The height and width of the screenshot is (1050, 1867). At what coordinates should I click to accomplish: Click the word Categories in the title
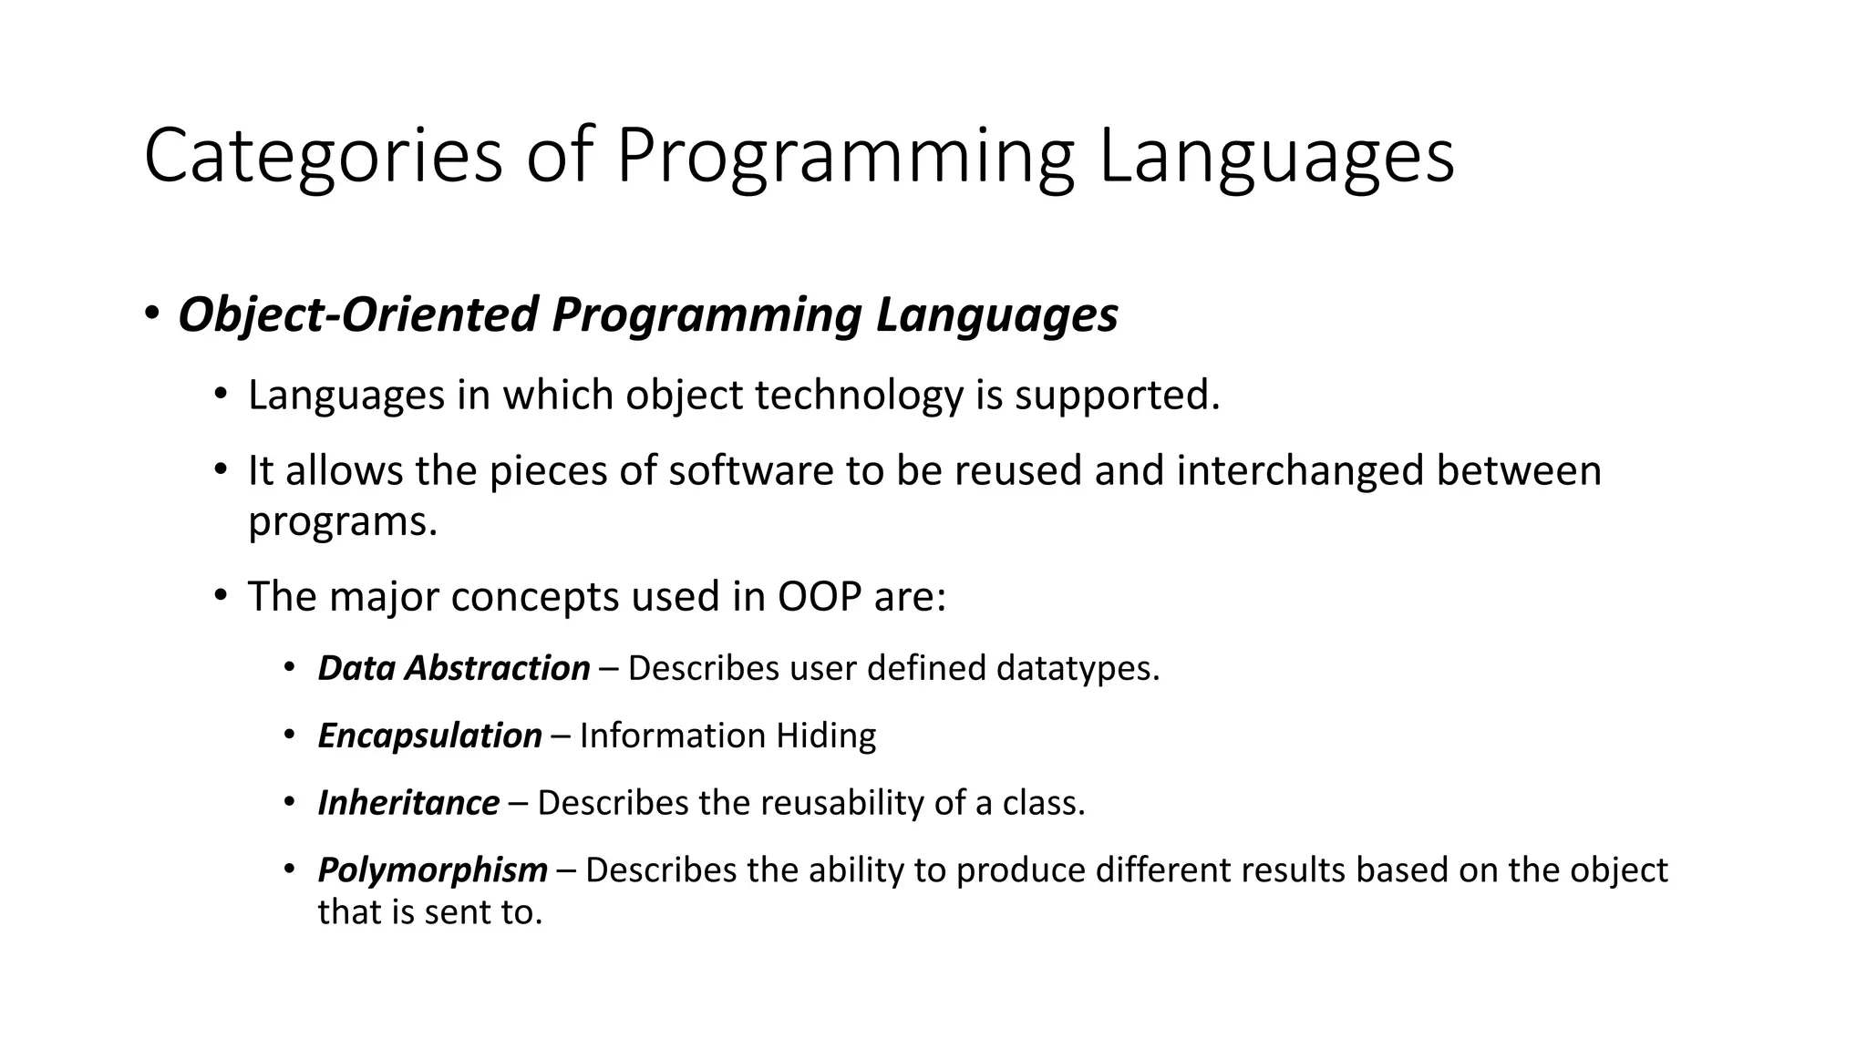pyautogui.click(x=323, y=156)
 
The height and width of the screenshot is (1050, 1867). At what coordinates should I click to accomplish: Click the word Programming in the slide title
pyautogui.click(x=844, y=156)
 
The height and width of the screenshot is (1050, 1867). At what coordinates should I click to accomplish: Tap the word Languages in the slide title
pyautogui.click(x=1276, y=156)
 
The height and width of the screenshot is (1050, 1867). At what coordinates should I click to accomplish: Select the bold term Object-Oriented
pyautogui.click(x=359, y=315)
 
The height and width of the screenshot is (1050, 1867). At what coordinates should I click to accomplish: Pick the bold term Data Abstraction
pyautogui.click(x=453, y=668)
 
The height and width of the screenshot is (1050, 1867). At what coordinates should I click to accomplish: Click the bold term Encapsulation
pyautogui.click(x=429, y=736)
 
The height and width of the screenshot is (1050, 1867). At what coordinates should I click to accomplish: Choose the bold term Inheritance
pyautogui.click(x=408, y=803)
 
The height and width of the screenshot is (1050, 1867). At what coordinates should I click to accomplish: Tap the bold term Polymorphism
pyautogui.click(x=432, y=870)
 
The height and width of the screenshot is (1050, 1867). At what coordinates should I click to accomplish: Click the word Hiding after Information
pyautogui.click(x=825, y=736)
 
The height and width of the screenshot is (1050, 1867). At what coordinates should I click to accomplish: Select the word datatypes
pyautogui.click(x=1077, y=668)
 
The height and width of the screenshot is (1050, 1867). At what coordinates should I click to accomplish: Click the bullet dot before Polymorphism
pyautogui.click(x=289, y=870)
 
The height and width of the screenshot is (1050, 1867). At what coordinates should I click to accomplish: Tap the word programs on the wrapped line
pyautogui.click(x=342, y=521)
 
